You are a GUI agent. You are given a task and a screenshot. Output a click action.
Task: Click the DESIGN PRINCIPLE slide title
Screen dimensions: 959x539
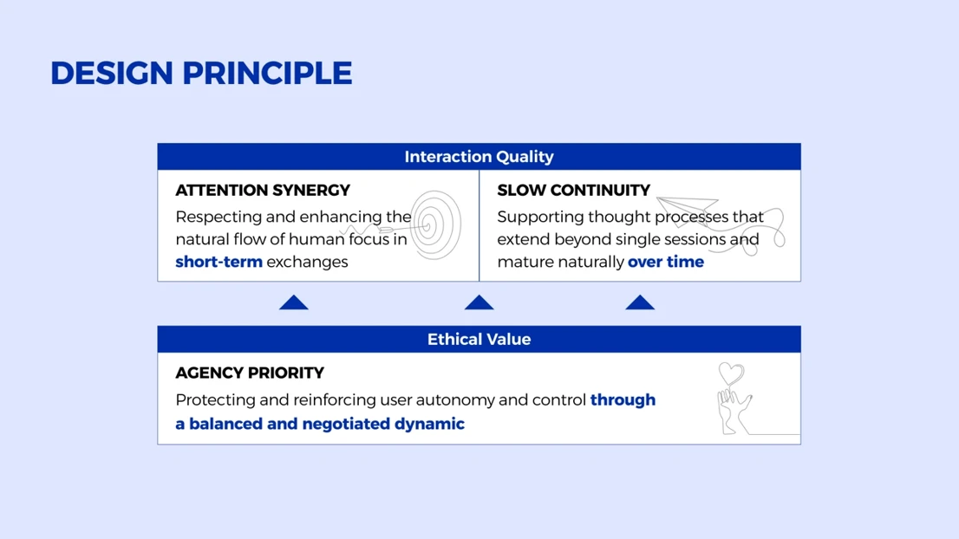point(201,74)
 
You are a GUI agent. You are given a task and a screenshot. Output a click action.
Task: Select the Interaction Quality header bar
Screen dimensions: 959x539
point(479,157)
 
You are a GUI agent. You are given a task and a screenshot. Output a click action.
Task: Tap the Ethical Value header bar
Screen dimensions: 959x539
point(479,339)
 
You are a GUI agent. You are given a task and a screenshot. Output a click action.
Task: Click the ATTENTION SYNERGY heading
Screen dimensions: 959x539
point(263,190)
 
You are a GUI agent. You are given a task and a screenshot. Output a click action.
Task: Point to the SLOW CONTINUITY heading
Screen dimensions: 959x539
point(574,190)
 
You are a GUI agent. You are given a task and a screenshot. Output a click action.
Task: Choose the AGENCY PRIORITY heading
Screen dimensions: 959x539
point(250,373)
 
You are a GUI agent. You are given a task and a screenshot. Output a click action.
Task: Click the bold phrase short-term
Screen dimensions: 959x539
point(219,262)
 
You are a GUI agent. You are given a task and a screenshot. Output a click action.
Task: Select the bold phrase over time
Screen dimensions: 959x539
point(666,262)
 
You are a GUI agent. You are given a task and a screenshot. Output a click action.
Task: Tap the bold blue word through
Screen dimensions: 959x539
point(623,399)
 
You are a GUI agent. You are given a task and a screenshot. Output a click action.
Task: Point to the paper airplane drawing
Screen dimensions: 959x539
point(688,210)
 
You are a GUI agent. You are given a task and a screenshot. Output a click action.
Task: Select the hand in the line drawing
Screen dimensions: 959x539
point(734,412)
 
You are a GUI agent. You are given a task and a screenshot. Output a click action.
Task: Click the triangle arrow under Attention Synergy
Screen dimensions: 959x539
point(294,302)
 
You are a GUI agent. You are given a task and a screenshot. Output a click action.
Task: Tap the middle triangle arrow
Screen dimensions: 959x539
point(479,302)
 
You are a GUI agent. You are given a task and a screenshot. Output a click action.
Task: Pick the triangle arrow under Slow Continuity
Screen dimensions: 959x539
point(640,302)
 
